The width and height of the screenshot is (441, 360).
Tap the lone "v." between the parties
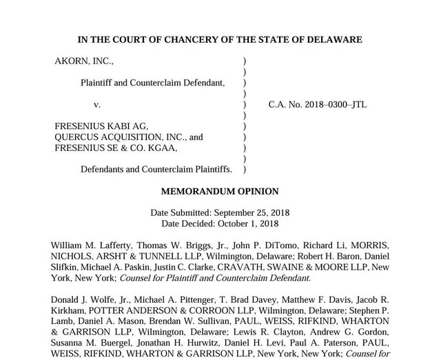pyautogui.click(x=97, y=104)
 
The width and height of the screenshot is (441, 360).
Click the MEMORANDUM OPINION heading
pyautogui.click(x=220, y=191)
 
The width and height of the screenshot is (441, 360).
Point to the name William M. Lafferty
pyautogui.click(x=88, y=246)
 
